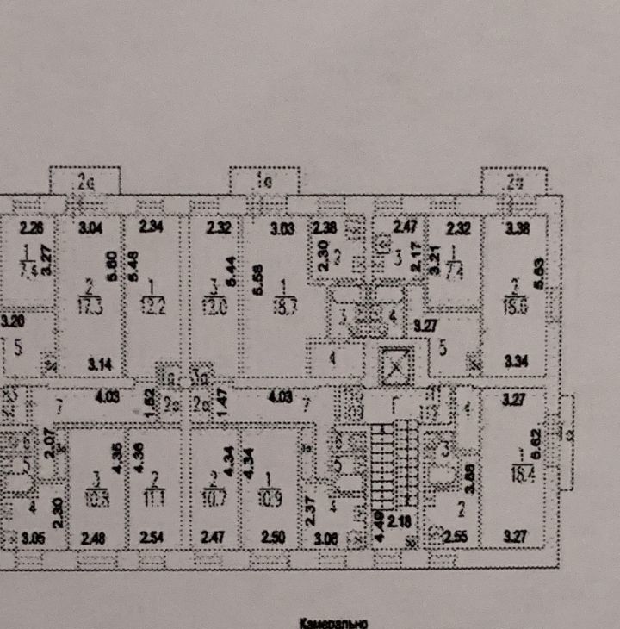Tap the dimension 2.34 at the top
pos(151,228)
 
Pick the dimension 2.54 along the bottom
pos(152,539)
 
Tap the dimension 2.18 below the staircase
pos(397,523)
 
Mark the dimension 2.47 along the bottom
pos(212,539)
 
